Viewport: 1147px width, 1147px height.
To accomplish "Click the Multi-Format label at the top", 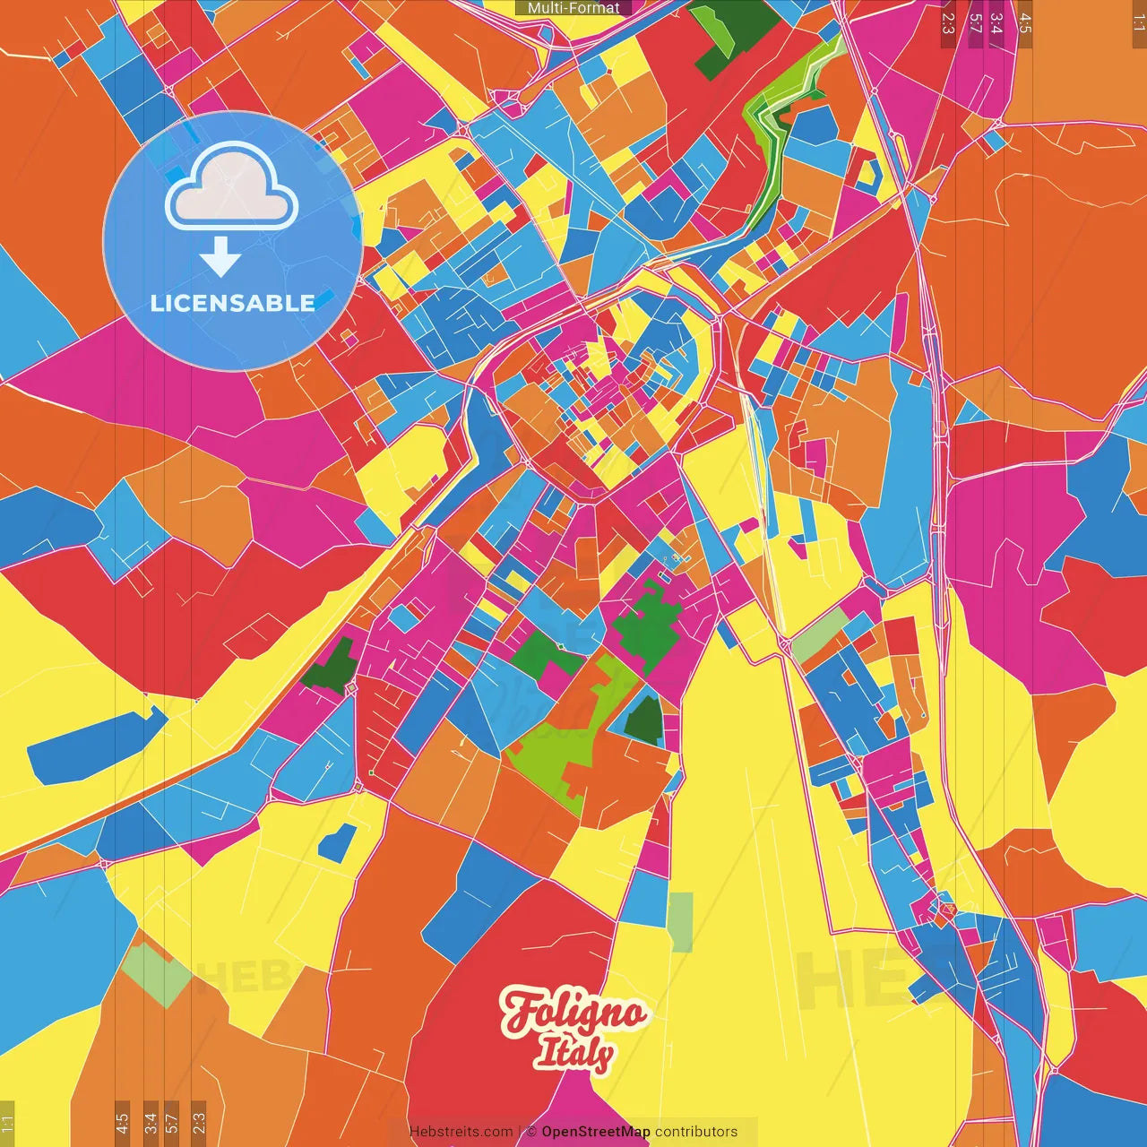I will coord(573,8).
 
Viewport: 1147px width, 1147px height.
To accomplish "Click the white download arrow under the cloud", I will coord(220,257).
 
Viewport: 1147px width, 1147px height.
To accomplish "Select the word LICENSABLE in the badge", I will coord(233,303).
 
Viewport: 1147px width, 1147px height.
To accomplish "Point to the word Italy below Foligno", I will coord(573,1053).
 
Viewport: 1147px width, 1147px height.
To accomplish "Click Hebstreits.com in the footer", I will coord(461,1132).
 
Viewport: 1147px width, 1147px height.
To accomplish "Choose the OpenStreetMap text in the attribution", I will coord(596,1132).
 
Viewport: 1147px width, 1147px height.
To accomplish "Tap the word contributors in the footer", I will coord(696,1132).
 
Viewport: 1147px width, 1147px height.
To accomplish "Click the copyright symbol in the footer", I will coord(531,1132).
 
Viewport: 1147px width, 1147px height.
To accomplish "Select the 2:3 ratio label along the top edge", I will coord(948,22).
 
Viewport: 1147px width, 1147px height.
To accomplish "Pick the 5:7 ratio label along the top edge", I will coord(975,22).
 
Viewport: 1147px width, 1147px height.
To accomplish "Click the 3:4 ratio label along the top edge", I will coord(996,22).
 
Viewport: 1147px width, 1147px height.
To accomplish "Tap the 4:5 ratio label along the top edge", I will coord(1025,22).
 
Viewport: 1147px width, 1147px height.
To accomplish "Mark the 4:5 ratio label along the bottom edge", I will coord(122,1123).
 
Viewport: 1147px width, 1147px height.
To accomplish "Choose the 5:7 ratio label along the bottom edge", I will coord(172,1123).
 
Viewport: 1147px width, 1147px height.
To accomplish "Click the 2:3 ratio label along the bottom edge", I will coord(199,1123).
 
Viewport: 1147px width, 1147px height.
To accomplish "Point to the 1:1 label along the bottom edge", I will coord(7,1123).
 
